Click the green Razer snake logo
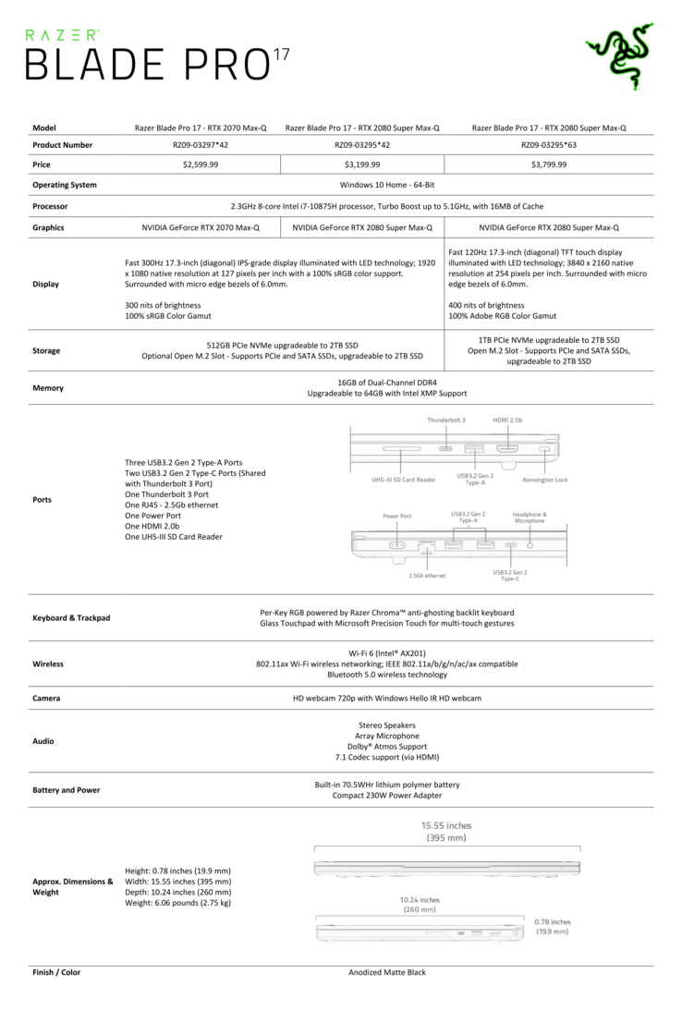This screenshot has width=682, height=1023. pos(619,56)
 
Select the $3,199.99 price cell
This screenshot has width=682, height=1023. pos(362,164)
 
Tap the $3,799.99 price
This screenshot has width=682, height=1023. pos(549,164)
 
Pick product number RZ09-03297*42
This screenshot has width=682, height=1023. pos(201,145)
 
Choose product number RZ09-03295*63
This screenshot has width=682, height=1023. pos(549,145)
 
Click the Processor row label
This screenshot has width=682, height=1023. pos(50,207)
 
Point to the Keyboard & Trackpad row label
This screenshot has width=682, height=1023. pos(71,617)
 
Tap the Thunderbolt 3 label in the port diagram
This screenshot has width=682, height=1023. pos(446,420)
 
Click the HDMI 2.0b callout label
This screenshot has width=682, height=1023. pos(507,420)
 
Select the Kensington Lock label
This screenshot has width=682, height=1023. pos(544,481)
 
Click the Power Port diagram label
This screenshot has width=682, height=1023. pos(396,515)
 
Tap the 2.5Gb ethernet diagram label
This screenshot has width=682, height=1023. pos(427,576)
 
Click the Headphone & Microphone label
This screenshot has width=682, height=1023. pos(530,518)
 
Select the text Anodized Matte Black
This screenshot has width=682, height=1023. pos(387,972)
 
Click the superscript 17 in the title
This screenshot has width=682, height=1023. pos(281,55)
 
